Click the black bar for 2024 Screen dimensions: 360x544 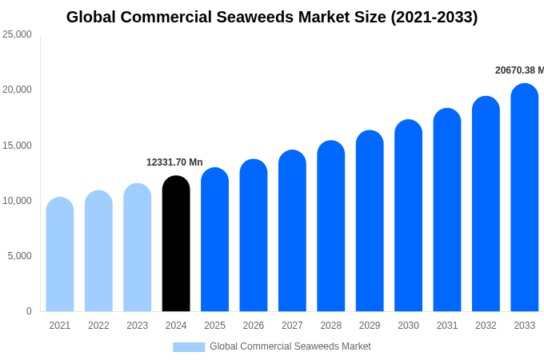(176, 244)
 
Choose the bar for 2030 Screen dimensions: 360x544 (408, 216)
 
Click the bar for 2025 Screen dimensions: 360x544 (214, 240)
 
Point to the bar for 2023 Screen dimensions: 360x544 (138, 248)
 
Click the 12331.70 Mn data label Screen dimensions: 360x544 (174, 162)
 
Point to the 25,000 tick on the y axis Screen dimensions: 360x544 (17, 34)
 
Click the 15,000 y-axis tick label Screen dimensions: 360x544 (17, 146)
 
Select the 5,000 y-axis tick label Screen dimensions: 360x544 (19, 256)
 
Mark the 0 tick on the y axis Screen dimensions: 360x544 (29, 311)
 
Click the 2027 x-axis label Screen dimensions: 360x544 (292, 326)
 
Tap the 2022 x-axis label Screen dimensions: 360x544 (98, 326)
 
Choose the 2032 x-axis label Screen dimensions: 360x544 (486, 326)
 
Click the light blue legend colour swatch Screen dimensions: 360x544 (189, 347)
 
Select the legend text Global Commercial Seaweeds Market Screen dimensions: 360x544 (290, 346)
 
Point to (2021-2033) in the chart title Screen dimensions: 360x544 (434, 17)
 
